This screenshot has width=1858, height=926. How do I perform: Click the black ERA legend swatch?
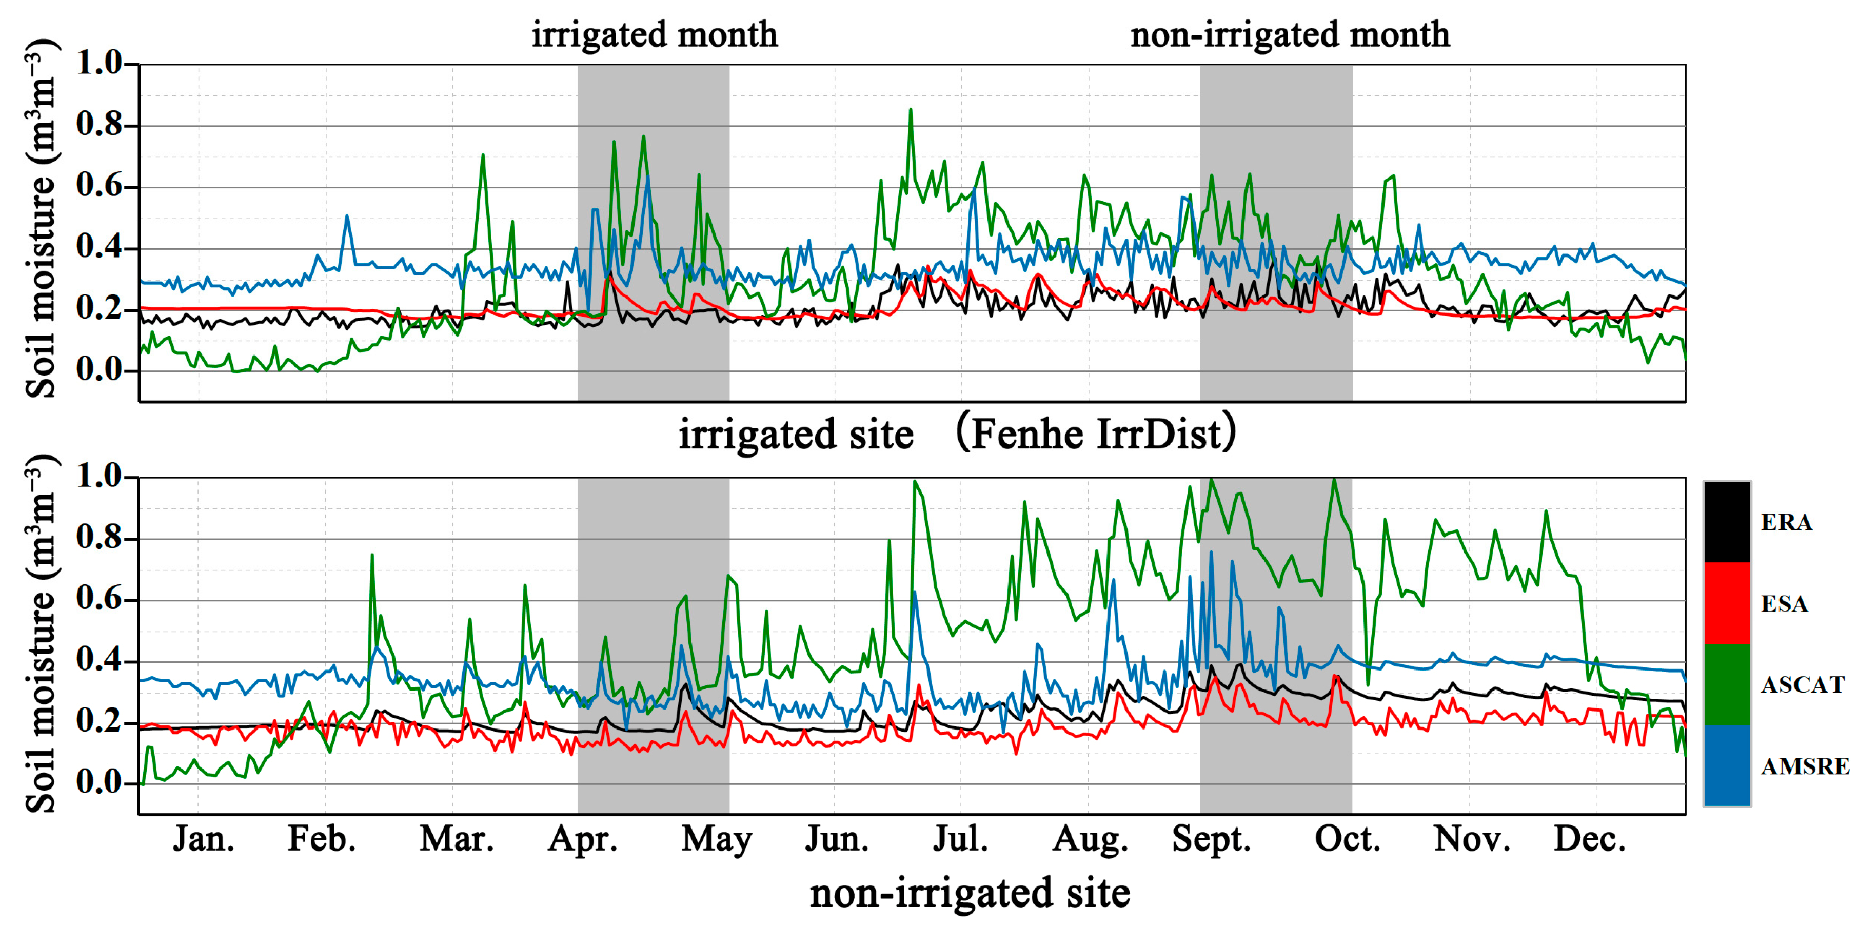[1727, 522]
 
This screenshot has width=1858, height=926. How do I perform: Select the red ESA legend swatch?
[1727, 604]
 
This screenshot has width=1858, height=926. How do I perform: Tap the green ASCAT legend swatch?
[1727, 684]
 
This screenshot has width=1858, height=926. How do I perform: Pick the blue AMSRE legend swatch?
[1727, 765]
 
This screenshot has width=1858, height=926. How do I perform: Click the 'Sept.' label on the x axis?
[1211, 839]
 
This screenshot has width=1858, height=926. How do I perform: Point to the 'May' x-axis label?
[716, 839]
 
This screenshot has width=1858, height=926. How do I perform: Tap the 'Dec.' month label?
[1590, 839]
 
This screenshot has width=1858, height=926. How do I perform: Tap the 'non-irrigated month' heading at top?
[1290, 34]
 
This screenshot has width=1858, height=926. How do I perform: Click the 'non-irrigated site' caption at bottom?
[970, 893]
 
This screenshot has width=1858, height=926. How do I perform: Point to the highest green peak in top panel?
[910, 110]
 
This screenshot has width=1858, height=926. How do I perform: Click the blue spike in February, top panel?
[347, 216]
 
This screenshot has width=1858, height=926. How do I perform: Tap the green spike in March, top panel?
[483, 155]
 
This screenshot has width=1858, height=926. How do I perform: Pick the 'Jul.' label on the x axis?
[960, 839]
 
